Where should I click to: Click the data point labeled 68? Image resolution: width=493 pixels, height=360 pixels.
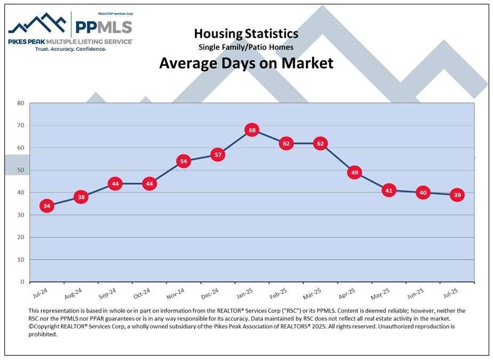pos(252,130)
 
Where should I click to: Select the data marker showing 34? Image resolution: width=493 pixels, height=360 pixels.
pos(47,206)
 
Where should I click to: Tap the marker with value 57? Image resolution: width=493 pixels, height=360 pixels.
pos(217,155)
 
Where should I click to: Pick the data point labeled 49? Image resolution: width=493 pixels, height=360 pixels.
pos(354,172)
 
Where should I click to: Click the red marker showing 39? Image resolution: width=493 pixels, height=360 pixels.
pos(457,195)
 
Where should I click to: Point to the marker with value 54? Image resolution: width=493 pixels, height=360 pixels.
pos(183,161)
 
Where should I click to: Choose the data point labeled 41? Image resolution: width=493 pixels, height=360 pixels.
pos(389,190)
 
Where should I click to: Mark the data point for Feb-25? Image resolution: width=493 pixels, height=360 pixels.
pos(286,143)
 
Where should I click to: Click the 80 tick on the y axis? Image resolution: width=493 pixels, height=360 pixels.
pos(20,103)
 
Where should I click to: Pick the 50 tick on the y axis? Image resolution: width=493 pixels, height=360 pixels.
pos(20,170)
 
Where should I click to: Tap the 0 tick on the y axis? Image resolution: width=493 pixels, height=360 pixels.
pos(22,282)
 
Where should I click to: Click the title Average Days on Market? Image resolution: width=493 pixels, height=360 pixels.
pos(246,63)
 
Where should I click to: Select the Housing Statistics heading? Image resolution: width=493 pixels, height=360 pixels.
pos(246,34)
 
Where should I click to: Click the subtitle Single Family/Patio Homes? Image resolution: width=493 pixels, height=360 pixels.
pos(246,47)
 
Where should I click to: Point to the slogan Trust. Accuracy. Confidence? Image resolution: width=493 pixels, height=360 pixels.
pos(70,49)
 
